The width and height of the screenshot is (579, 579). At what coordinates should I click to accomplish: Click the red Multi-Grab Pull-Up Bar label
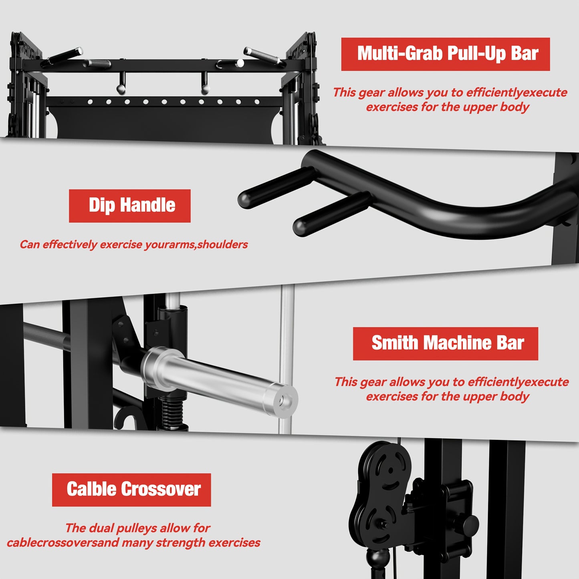[445, 54]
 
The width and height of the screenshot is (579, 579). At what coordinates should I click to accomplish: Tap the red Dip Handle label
[129, 206]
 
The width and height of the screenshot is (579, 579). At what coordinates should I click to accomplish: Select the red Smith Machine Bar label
[445, 344]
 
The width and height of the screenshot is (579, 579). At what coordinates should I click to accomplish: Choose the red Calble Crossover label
[131, 490]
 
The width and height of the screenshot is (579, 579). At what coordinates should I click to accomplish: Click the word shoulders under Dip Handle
[222, 244]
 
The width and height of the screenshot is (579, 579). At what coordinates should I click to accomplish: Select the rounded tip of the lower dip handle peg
[301, 226]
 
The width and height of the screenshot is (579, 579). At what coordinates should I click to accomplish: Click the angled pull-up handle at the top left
[62, 57]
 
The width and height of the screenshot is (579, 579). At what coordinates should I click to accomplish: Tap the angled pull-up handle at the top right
[264, 57]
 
